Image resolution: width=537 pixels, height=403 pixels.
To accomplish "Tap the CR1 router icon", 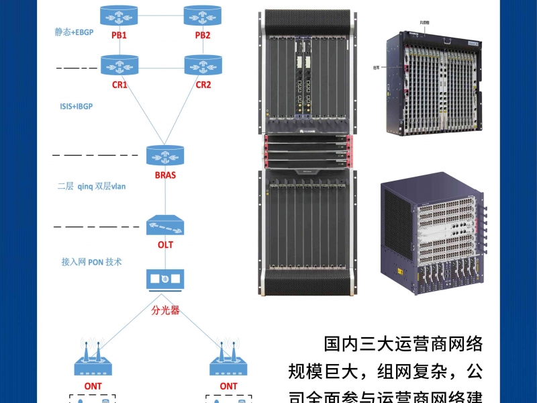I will [x=119, y=65].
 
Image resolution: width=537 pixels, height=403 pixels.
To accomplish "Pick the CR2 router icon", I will [x=203, y=65].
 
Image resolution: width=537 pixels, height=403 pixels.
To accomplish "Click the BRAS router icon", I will [x=164, y=156].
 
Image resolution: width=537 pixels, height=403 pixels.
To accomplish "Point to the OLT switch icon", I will [x=164, y=225].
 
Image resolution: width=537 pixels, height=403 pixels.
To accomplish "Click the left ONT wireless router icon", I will [x=93, y=363].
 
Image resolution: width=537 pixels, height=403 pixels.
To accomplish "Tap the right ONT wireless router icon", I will [x=228, y=363].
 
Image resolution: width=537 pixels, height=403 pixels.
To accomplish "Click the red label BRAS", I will [x=164, y=175].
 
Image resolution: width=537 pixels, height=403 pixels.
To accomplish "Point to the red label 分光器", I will [x=165, y=310].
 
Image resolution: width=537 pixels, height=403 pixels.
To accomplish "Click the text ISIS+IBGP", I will [x=77, y=106].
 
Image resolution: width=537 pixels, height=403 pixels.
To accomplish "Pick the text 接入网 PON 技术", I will [x=92, y=262].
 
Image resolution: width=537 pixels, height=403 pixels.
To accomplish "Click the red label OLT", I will [x=165, y=244].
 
